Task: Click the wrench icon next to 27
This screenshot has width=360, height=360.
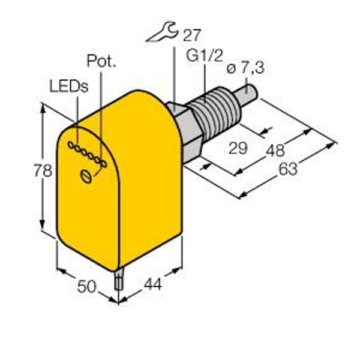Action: pyautogui.click(x=162, y=32)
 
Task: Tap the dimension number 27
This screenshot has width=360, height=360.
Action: pyautogui.click(x=192, y=35)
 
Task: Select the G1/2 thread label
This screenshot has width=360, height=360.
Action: pyautogui.click(x=205, y=55)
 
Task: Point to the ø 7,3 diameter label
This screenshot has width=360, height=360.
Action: pyautogui.click(x=245, y=68)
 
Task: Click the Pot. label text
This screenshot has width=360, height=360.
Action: pyautogui.click(x=101, y=61)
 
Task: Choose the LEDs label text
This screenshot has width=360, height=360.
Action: pyautogui.click(x=69, y=86)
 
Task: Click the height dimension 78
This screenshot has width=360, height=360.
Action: pyautogui.click(x=43, y=170)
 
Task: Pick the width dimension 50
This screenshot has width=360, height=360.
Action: pyautogui.click(x=86, y=287)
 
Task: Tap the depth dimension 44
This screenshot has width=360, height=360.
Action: pyautogui.click(x=152, y=284)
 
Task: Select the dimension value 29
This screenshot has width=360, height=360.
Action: pyautogui.click(x=238, y=148)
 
